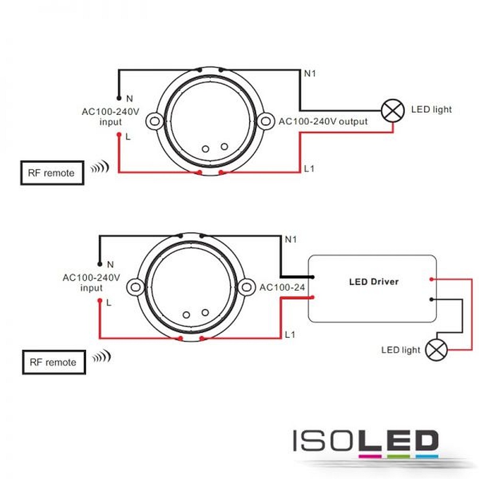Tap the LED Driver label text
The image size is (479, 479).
374,282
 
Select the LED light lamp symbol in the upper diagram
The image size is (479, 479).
393,111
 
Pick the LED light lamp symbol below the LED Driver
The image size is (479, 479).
436,350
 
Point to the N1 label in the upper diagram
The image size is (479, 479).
310,73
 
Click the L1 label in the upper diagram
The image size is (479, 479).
309,168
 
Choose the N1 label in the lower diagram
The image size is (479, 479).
291,239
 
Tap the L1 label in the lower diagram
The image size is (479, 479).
290,334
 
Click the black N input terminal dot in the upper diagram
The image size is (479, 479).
119,98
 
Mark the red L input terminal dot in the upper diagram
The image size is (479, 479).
119,135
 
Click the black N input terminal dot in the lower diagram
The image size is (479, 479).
100,264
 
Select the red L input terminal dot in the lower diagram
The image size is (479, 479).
100,301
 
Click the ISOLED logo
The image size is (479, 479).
366,441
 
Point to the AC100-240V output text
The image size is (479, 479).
323,121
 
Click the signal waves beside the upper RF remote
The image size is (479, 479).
100,167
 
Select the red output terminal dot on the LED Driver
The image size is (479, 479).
432,279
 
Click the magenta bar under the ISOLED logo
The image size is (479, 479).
370,456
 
